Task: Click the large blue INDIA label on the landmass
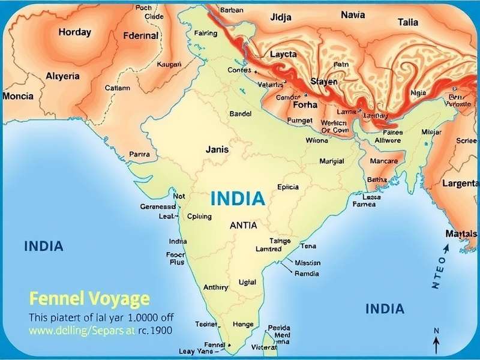coord(237,199)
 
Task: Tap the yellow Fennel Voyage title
coord(89,298)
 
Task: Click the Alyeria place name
coord(62,76)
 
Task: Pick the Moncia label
coord(18,96)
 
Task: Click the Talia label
coord(408,22)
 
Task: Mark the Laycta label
coord(283,54)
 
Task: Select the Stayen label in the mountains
coord(323,82)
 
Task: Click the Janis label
coord(217,149)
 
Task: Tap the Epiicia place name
coord(288,187)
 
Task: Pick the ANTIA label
coord(243,226)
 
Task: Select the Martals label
coord(461,233)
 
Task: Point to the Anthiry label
coord(216,287)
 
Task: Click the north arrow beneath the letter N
coord(436,344)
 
